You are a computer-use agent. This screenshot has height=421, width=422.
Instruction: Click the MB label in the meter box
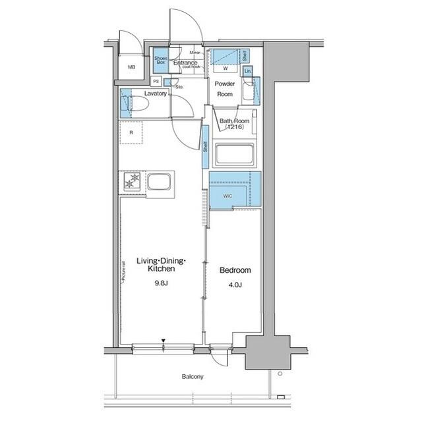(131, 67)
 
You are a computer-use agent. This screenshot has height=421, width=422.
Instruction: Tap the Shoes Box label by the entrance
(161, 61)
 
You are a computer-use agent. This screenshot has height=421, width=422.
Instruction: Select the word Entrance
(185, 63)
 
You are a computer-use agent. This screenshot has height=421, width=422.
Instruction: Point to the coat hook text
(191, 67)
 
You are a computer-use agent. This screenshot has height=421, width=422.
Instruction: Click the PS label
(156, 81)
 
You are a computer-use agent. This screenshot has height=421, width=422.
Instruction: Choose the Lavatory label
(155, 94)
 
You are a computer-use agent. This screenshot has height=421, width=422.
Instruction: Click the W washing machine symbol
(226, 68)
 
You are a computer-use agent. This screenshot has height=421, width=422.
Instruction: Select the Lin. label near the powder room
(248, 70)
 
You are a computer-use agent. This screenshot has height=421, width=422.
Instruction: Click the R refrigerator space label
(132, 133)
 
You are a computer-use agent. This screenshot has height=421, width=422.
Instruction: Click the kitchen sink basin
(160, 181)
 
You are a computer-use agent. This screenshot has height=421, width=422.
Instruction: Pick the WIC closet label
(227, 196)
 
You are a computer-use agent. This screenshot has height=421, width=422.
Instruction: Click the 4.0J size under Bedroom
(235, 286)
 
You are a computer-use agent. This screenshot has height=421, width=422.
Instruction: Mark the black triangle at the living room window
(164, 341)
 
